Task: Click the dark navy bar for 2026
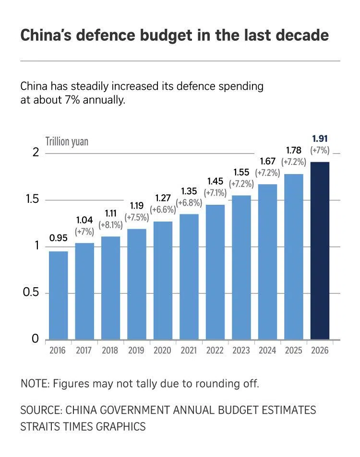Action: tap(320, 251)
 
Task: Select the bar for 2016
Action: tap(58, 295)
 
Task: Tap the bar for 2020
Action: tap(163, 281)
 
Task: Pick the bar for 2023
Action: tap(241, 268)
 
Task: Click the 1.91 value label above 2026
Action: tap(320, 139)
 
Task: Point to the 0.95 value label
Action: tap(58, 238)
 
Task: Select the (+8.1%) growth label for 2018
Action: tap(110, 224)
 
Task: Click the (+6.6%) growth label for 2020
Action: tap(163, 210)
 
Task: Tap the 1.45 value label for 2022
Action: tap(215, 181)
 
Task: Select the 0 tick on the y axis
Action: tap(35, 339)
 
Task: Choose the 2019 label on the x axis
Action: tap(136, 351)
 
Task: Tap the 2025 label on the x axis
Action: tap(293, 351)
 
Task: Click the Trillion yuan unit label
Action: tap(67, 141)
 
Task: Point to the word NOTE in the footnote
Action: tap(34, 384)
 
